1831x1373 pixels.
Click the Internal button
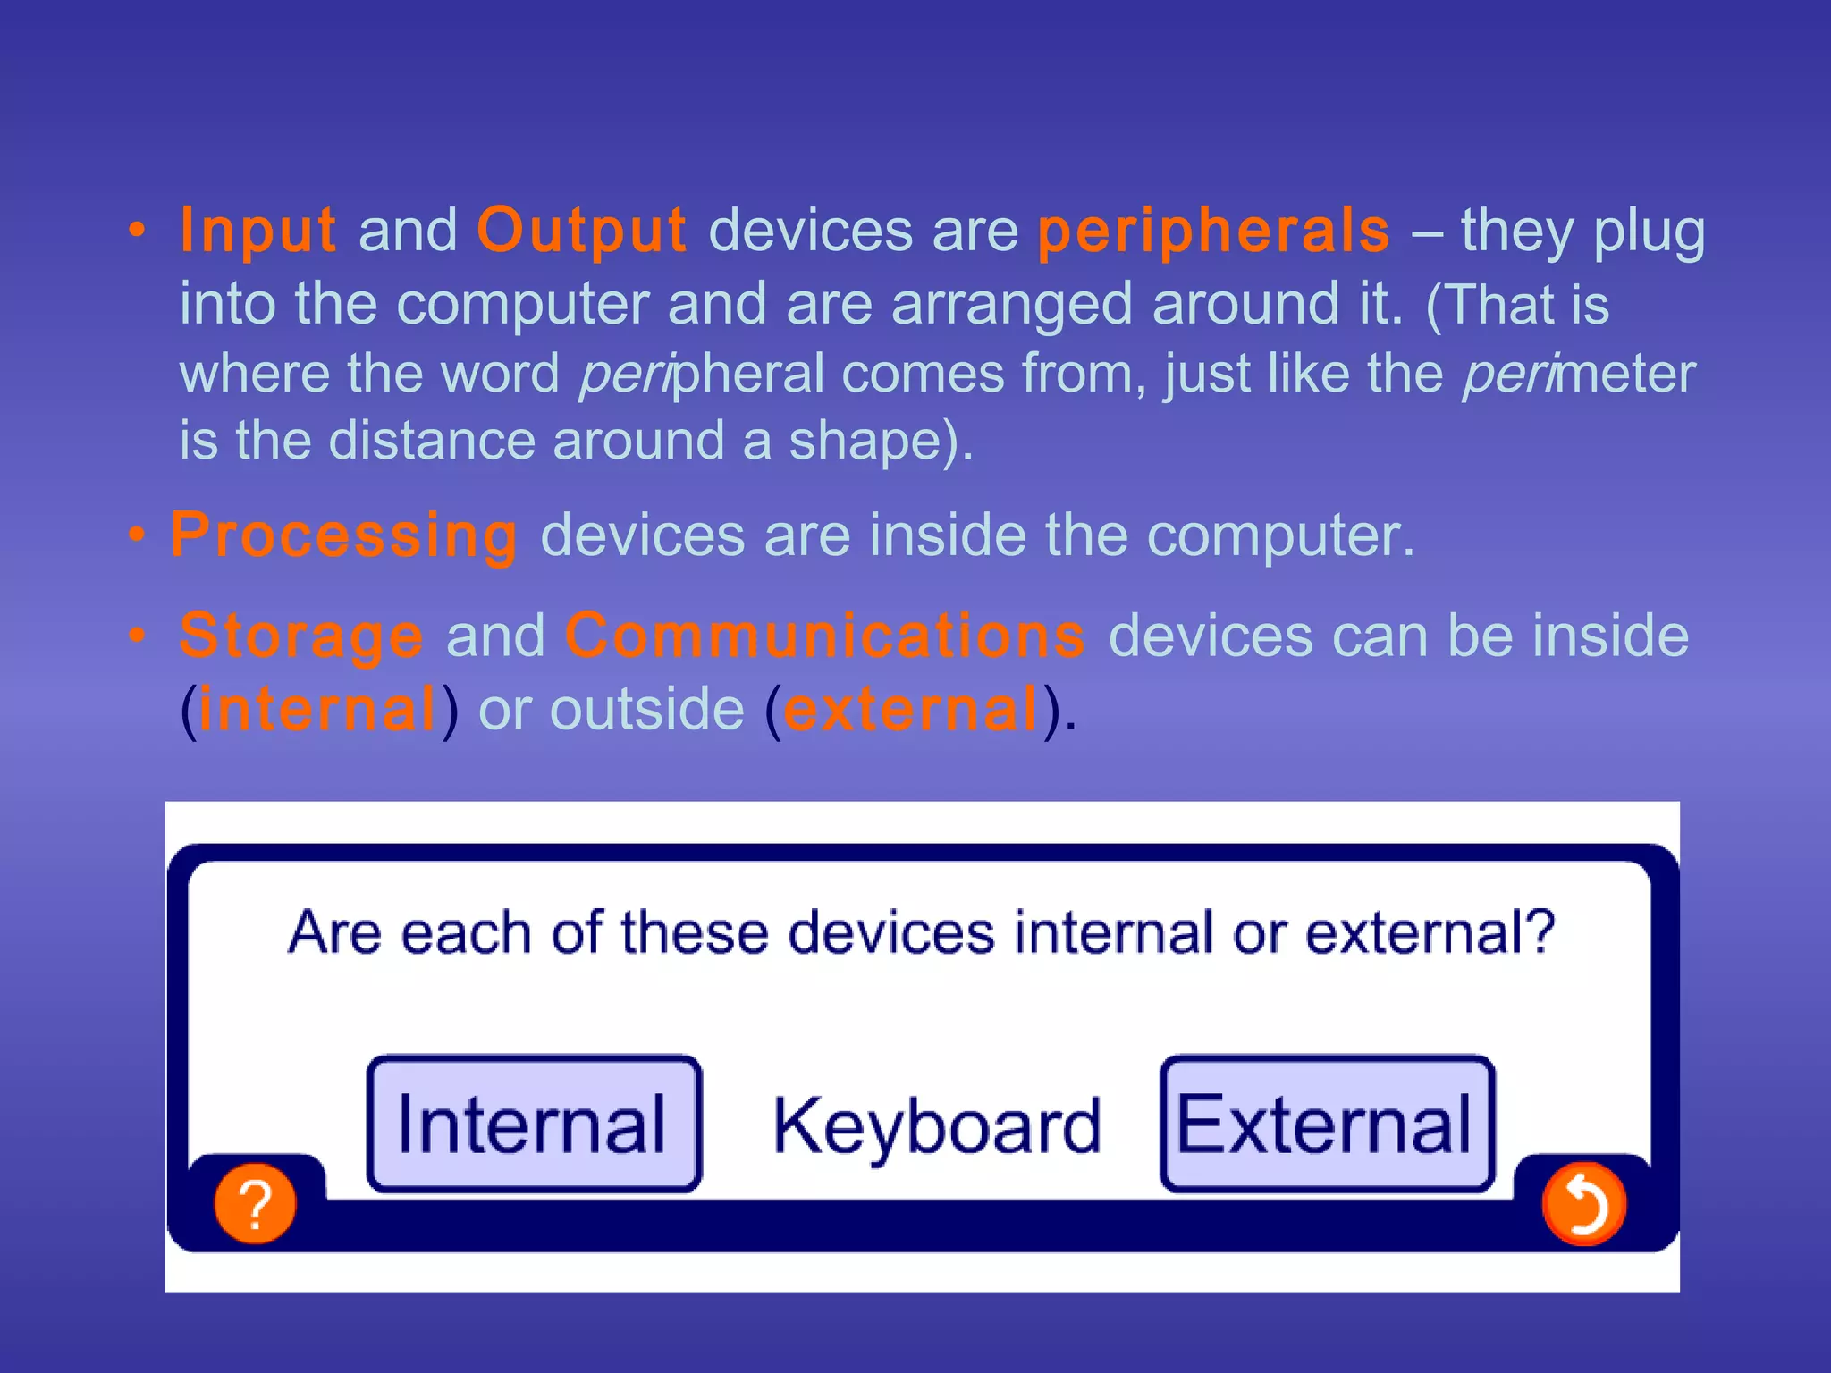pos(534,1125)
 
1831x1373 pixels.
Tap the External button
pos(1327,1125)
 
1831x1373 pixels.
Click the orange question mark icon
pos(255,1203)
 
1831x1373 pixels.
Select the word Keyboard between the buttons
pos(936,1126)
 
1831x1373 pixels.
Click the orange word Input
pos(257,231)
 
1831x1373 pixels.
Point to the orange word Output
pos(581,231)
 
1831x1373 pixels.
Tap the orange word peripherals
pos(1213,231)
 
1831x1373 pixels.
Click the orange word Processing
pos(344,535)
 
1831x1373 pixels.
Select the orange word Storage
pos(301,636)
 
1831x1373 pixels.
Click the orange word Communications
pos(824,636)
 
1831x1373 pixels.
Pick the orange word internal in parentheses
pos(317,709)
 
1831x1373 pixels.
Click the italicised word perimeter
pos(1578,374)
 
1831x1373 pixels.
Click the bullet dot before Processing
pos(136,535)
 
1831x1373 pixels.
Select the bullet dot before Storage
pos(136,636)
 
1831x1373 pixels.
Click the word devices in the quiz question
pos(891,933)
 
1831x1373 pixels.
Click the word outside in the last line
pos(646,709)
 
